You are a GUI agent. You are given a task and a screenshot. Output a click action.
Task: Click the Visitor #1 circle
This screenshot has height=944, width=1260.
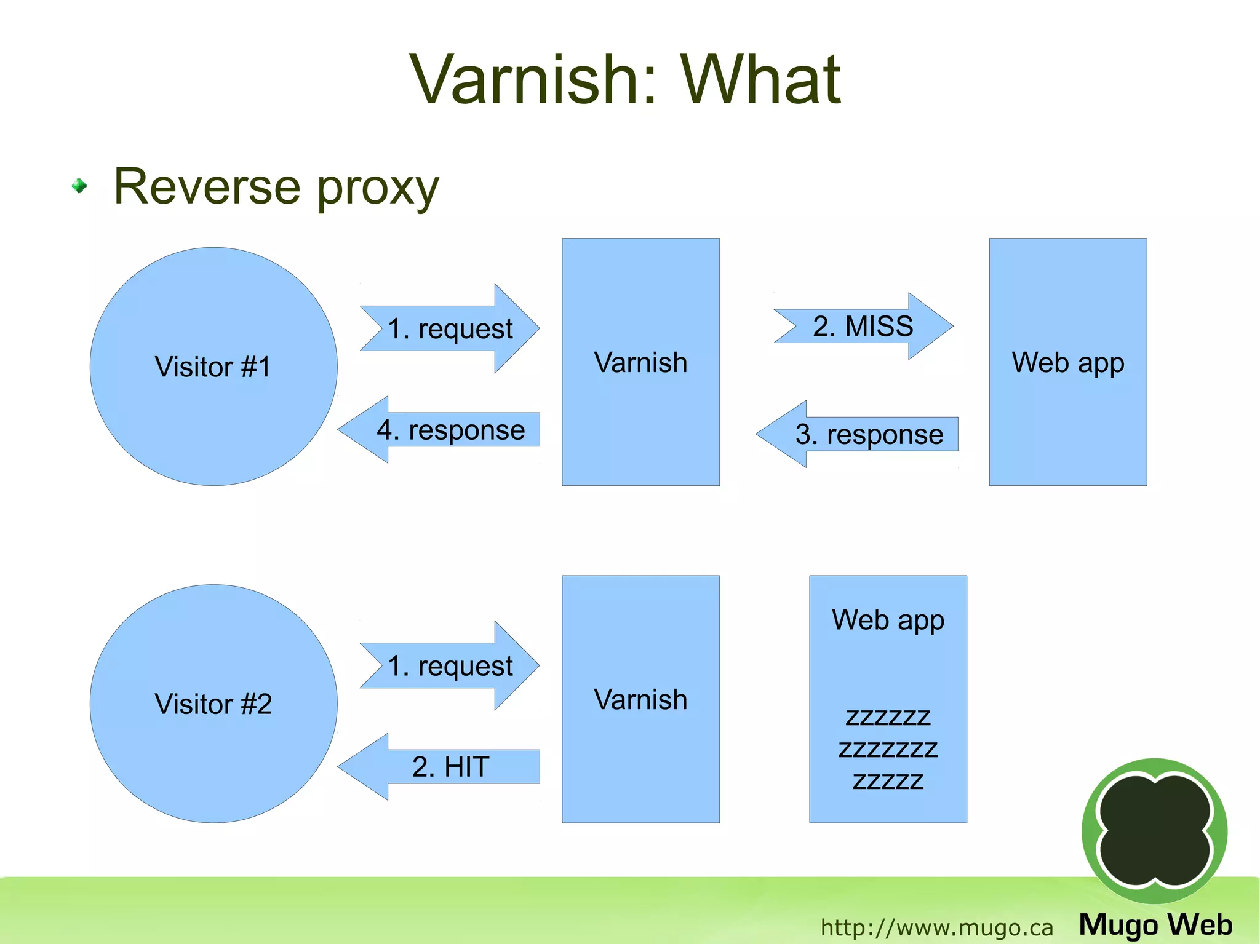213,367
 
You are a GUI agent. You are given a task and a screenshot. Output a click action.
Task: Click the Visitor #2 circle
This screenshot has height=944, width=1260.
213,704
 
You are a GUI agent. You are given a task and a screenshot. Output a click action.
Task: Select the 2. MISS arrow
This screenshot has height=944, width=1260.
863,326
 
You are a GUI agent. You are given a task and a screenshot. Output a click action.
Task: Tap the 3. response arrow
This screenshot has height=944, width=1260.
869,434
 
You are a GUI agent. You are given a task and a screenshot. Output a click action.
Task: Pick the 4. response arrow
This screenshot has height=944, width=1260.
450,429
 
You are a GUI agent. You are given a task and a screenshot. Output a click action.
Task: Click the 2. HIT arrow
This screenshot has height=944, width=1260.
450,766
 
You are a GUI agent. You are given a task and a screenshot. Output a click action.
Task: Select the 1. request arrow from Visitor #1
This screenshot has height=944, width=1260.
450,328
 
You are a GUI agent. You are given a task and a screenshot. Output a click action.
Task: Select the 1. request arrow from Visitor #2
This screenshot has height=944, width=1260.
450,665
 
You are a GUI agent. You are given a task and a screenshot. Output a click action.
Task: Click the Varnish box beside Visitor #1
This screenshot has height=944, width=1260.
640,362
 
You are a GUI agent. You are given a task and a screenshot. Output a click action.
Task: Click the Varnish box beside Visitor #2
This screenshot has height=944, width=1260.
640,699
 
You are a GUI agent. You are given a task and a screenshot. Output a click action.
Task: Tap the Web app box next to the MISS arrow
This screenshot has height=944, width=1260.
1068,362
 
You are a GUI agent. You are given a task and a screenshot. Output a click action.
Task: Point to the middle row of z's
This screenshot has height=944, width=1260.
888,749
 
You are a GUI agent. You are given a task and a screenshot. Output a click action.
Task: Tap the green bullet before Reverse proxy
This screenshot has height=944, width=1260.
79,186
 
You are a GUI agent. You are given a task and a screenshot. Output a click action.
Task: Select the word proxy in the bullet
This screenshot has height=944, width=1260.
378,188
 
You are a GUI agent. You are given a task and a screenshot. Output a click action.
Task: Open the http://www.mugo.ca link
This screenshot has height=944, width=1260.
936,927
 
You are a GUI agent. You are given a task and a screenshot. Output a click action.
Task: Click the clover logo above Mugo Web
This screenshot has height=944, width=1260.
1154,831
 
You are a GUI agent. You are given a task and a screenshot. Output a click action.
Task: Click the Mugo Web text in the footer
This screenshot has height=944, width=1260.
1155,925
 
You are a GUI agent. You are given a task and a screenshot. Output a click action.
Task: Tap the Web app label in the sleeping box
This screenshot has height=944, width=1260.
888,620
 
